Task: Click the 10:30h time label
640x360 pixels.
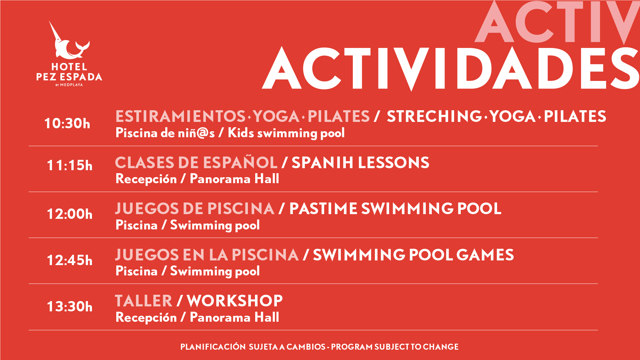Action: tap(67, 123)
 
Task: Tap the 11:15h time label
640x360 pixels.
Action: tap(70, 165)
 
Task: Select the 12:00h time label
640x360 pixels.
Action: tap(70, 214)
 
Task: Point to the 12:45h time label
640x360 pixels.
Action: tap(70, 260)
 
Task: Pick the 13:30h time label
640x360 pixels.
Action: tap(70, 306)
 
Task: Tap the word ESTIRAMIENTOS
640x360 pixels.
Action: tap(180, 116)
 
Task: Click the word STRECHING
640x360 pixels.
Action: tap(434, 116)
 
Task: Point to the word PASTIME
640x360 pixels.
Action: tap(323, 209)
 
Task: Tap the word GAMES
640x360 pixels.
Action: tap(485, 255)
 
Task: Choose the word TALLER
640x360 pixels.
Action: tap(144, 301)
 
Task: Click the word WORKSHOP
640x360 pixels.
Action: tap(235, 301)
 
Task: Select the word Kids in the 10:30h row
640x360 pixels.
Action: tap(241, 133)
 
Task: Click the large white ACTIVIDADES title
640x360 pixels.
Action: tap(450, 69)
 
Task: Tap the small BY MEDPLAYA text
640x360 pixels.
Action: tap(69, 85)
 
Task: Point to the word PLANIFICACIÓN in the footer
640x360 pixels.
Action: tap(213, 347)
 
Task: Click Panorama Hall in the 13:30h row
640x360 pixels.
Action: tap(234, 317)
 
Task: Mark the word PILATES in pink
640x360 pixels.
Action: tap(338, 116)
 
